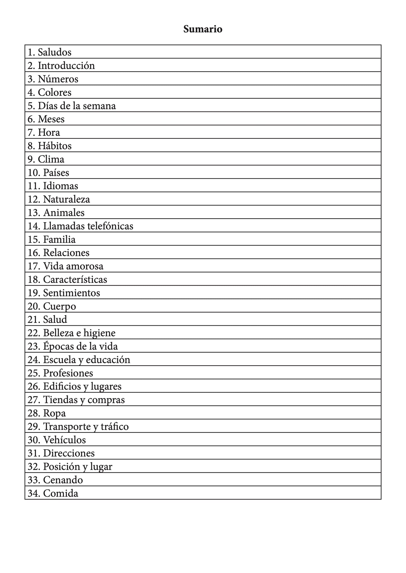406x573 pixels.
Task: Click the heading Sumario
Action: (203, 29)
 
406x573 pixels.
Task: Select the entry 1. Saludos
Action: (49, 52)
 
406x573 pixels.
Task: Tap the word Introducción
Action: (66, 65)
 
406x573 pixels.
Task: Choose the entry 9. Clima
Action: (46, 159)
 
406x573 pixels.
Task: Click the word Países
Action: (56, 172)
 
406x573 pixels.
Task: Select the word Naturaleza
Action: (66, 199)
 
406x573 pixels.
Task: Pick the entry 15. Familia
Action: (52, 239)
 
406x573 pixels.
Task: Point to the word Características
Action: (75, 279)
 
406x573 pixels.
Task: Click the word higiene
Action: (99, 333)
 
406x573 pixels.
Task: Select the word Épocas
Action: (56, 346)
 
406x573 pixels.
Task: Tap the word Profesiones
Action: (68, 373)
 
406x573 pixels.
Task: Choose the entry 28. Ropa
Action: (47, 413)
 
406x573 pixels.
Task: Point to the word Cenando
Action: (63, 480)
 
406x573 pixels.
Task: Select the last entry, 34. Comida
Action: (53, 493)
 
